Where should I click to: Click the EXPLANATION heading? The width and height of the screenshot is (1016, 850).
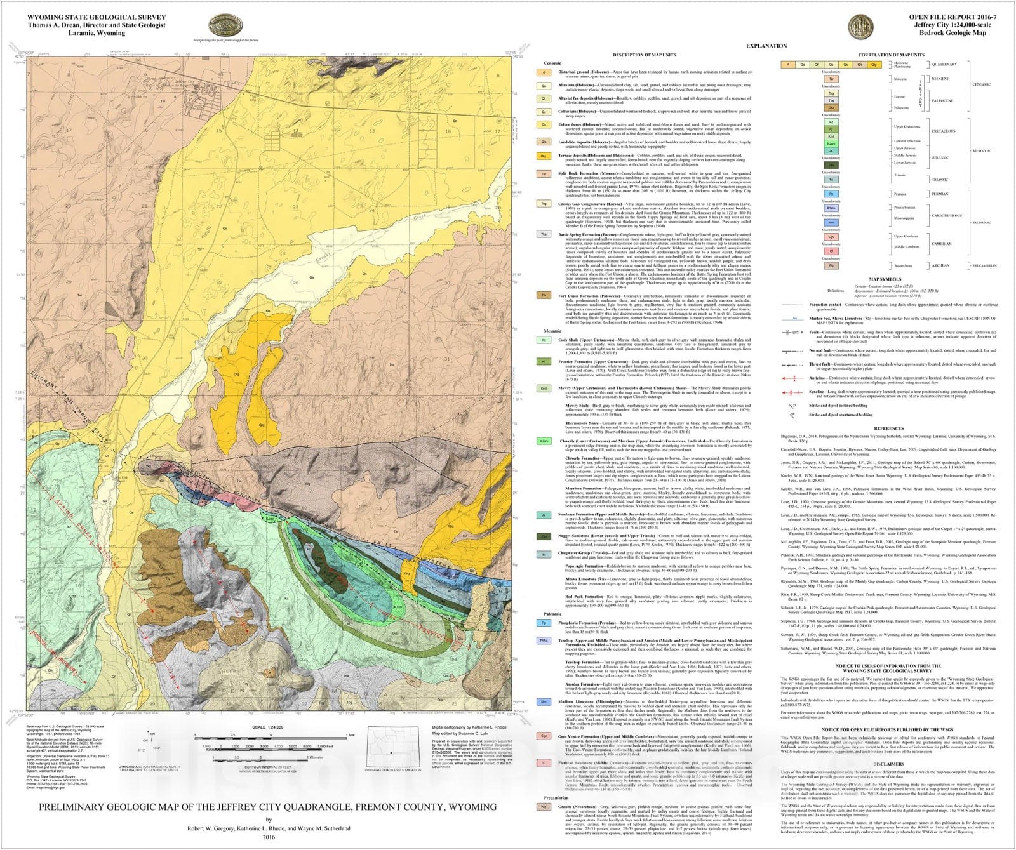click(x=766, y=46)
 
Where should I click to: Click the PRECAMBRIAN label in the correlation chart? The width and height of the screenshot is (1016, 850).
click(x=985, y=266)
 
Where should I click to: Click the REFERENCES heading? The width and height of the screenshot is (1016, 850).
click(x=888, y=428)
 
